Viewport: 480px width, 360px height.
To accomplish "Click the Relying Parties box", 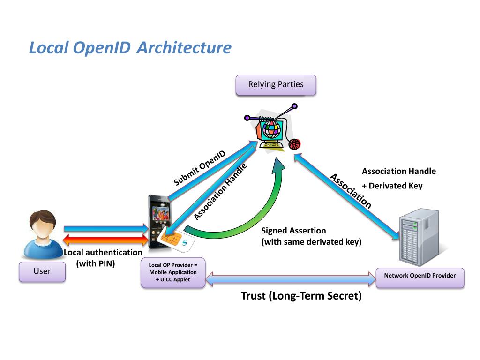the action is click(276, 85).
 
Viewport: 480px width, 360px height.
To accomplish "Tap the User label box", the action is click(42, 271).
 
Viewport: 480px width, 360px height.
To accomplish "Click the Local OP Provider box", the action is click(173, 272).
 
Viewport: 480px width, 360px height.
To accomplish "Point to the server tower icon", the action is click(419, 237).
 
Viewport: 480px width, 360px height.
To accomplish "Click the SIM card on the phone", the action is click(175, 239).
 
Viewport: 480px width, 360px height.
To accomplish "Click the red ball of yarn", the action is click(294, 144).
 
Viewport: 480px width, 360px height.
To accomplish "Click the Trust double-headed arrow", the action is click(291, 279).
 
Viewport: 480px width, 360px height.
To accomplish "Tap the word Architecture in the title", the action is click(184, 48).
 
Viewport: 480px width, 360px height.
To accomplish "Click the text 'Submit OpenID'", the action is click(199, 168).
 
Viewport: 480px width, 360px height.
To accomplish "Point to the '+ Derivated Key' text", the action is click(392, 186).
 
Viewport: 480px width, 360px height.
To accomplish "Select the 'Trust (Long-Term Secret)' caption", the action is click(301, 296).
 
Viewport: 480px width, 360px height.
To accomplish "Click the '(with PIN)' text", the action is click(96, 263).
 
